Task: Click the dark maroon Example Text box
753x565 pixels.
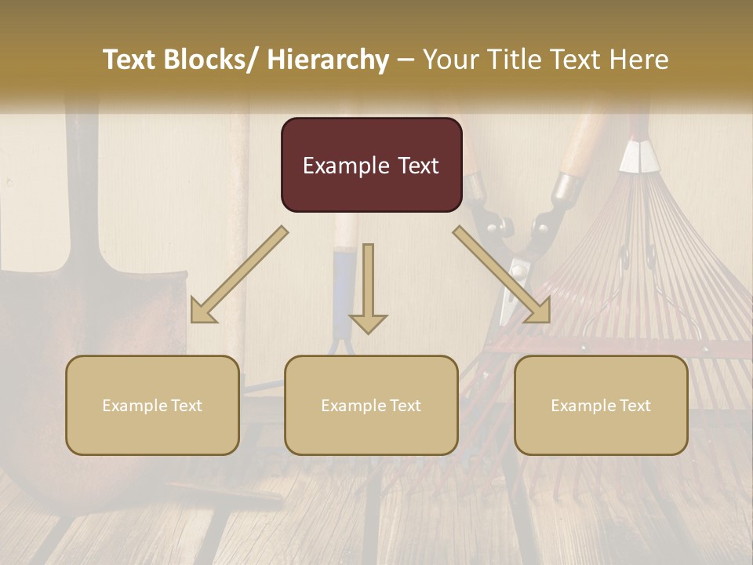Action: pyautogui.click(x=371, y=165)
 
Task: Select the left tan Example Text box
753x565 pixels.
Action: pyautogui.click(x=152, y=405)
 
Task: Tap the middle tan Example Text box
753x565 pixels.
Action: pyautogui.click(x=371, y=405)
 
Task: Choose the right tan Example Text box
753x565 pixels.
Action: pyautogui.click(x=601, y=405)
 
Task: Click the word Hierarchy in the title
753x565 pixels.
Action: pyautogui.click(x=328, y=60)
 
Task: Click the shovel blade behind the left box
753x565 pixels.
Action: pyautogui.click(x=47, y=330)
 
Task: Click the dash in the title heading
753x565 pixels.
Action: pyautogui.click(x=406, y=60)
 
